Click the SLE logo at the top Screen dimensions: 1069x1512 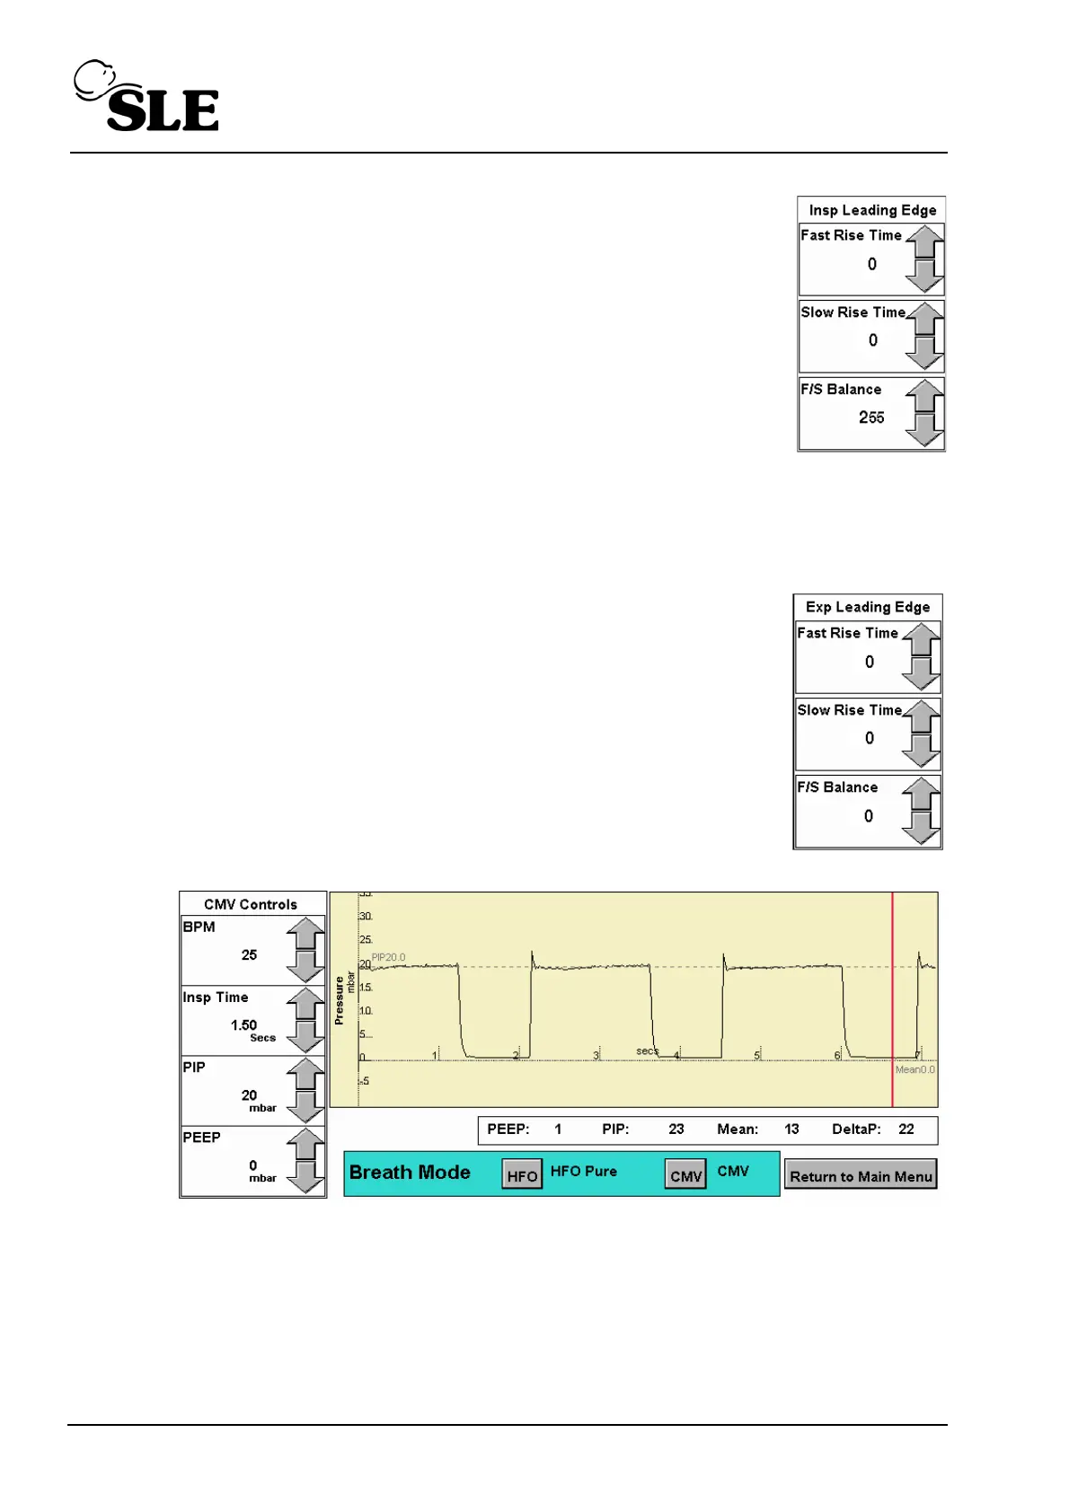coord(147,97)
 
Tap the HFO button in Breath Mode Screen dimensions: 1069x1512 coord(522,1175)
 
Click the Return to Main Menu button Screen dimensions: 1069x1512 coord(861,1176)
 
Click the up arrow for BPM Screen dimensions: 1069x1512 coord(306,934)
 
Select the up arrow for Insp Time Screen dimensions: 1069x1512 coord(306,1004)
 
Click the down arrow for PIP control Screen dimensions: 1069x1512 coord(306,1107)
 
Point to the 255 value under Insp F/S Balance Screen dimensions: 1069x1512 coord(871,418)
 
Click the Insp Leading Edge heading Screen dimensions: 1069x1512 coord(872,210)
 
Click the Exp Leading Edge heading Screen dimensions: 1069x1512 coord(868,607)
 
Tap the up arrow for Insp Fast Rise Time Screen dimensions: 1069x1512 coord(924,242)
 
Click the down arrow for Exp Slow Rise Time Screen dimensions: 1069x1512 coord(921,751)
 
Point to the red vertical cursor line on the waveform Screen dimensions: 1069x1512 coord(892,997)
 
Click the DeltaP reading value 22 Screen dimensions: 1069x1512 coord(906,1130)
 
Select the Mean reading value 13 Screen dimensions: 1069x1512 coord(791,1130)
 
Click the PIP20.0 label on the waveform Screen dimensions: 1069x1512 coord(388,957)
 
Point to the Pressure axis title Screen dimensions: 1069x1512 coord(339,1000)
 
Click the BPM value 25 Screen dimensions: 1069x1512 coord(249,955)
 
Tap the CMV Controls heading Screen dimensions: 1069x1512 coord(251,904)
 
